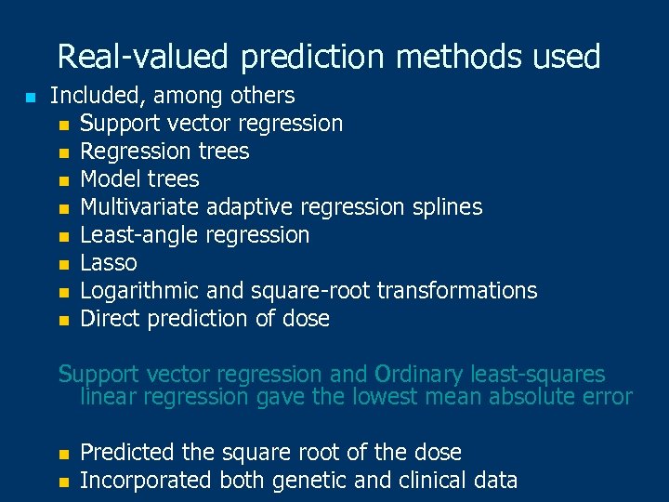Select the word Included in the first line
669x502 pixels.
pos(95,96)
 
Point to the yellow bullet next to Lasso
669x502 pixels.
pos(62,264)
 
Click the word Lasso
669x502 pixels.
pos(109,263)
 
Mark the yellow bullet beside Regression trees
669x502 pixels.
pos(62,152)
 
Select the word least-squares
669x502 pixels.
pos(538,375)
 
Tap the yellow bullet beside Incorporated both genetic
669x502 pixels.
pos(62,482)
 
